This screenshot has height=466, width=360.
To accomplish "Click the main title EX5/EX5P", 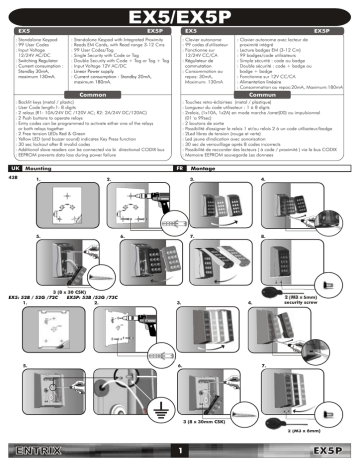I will click(x=180, y=14).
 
